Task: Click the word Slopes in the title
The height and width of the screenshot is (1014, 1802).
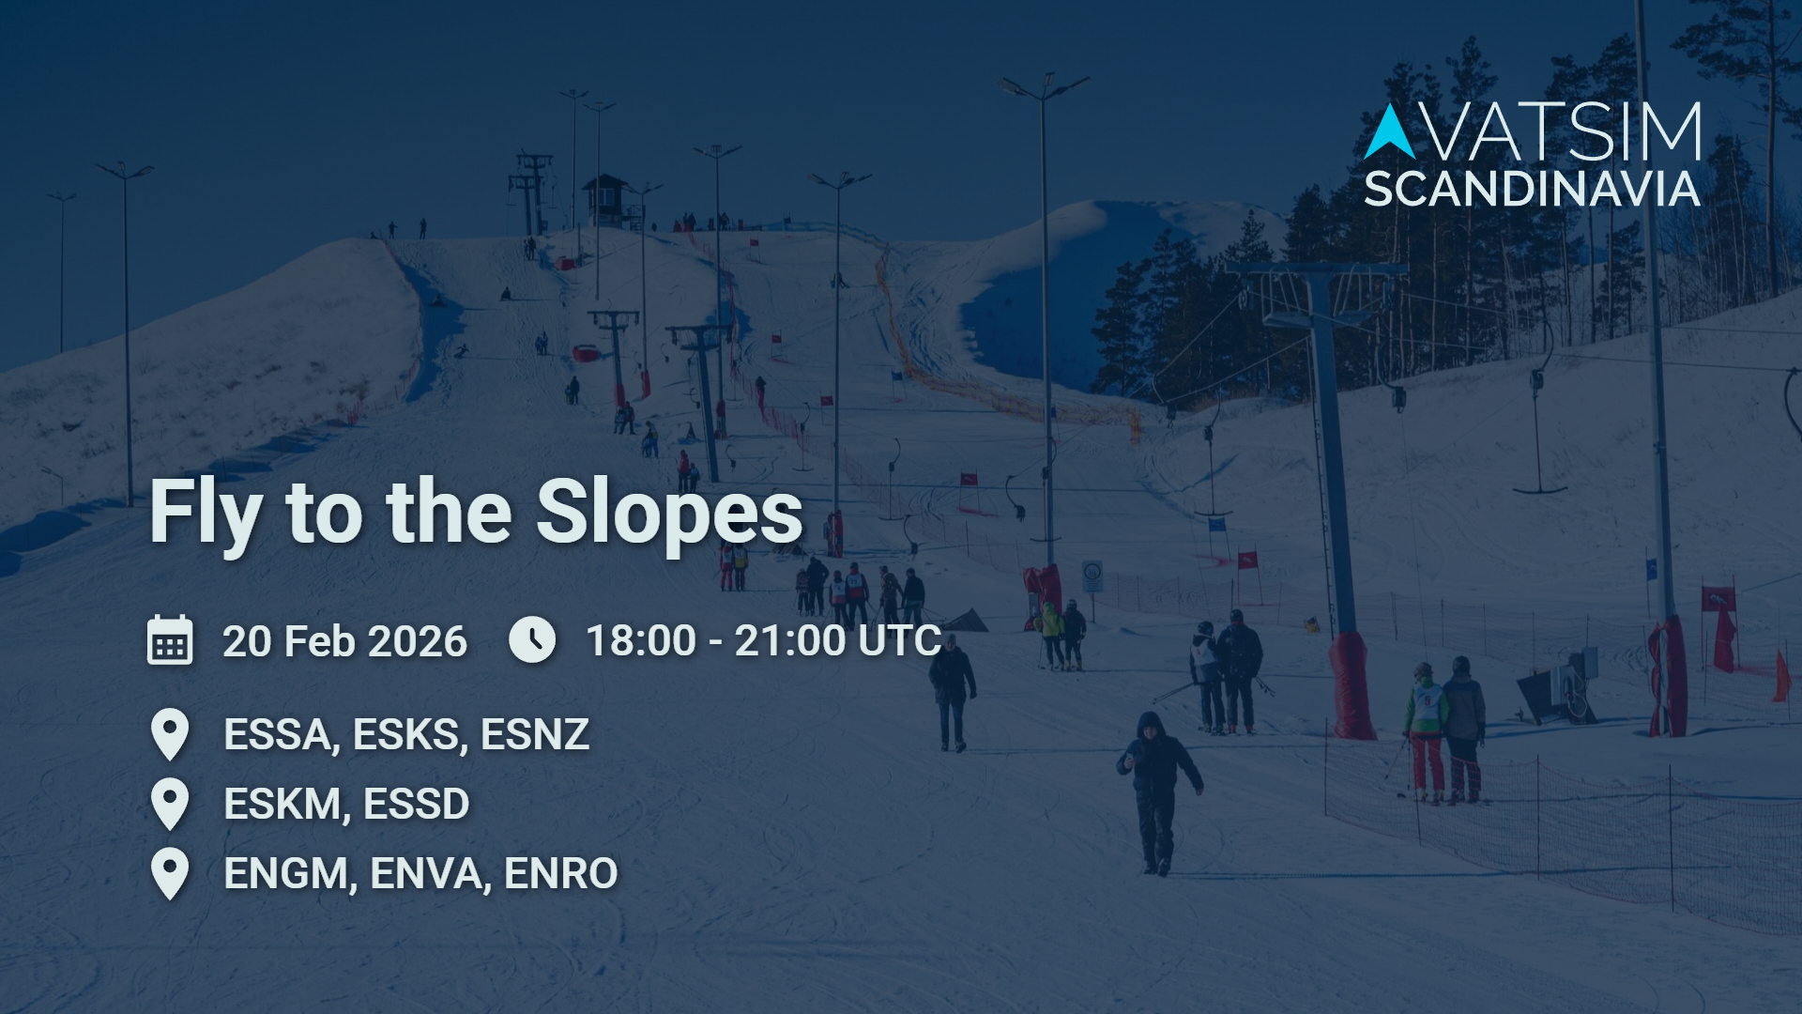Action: tap(669, 513)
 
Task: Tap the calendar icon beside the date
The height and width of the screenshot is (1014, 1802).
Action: tap(170, 640)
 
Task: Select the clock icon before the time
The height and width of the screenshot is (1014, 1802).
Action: tap(532, 639)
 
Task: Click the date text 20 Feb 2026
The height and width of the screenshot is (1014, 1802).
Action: tap(344, 641)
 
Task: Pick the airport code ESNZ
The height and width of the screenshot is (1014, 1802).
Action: tap(535, 734)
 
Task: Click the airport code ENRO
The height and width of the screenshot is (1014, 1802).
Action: tap(561, 873)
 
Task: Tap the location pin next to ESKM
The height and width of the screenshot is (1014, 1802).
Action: tap(170, 804)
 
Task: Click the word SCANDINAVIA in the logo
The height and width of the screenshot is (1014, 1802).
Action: tap(1532, 190)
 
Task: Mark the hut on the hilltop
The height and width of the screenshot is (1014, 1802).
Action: tap(606, 198)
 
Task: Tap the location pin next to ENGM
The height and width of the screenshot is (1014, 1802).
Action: tap(170, 873)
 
